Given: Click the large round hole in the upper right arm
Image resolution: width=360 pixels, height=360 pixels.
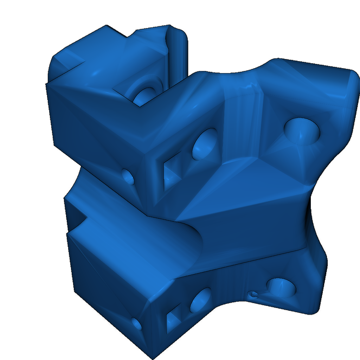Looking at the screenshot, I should pyautogui.click(x=302, y=131).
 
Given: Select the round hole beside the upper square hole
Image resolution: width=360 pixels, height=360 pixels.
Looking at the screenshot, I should pyautogui.click(x=205, y=144).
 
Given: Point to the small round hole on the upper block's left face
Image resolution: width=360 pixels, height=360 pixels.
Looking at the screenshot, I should pyautogui.click(x=128, y=176).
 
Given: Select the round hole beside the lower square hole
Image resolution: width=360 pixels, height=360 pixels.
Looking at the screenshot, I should pyautogui.click(x=201, y=301).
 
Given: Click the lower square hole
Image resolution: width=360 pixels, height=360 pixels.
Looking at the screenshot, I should pyautogui.click(x=173, y=320).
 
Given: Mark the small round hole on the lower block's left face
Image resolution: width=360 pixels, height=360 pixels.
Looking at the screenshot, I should pyautogui.click(x=137, y=324).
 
